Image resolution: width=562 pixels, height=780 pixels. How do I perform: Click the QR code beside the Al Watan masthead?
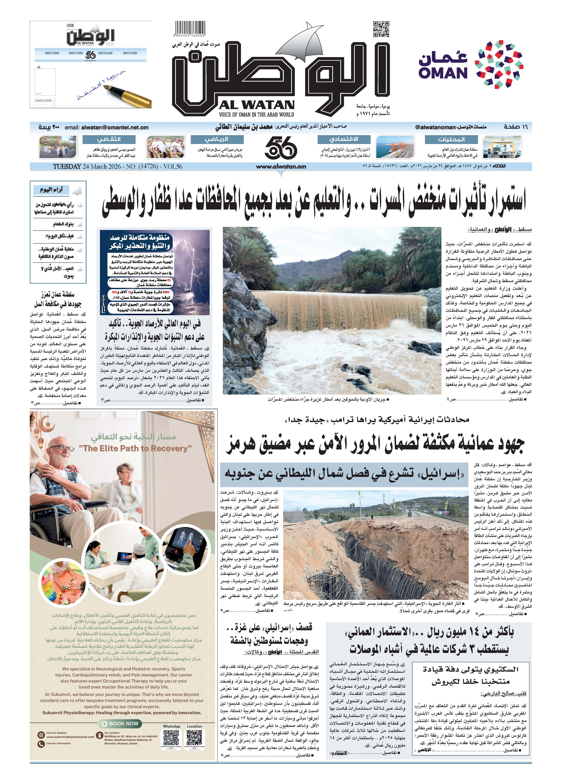point(381,29)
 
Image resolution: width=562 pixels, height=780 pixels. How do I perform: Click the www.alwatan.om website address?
point(281,167)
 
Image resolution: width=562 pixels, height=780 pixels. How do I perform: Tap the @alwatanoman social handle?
point(435,127)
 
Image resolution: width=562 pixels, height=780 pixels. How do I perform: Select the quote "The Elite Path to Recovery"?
point(135,448)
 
